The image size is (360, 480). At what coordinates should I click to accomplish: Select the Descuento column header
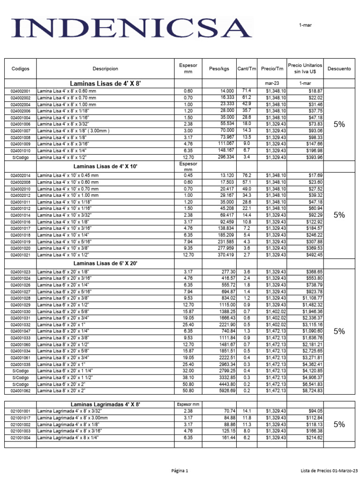click(x=339, y=68)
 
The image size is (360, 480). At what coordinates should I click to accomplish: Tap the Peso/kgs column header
click(x=218, y=68)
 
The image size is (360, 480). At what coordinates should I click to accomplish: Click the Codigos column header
click(x=20, y=68)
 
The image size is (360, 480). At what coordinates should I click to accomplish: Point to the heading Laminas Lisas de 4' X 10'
click(x=105, y=166)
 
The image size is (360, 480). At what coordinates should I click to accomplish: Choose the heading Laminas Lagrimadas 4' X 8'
click(x=105, y=404)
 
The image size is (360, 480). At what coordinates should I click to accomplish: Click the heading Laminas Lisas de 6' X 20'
click(x=105, y=263)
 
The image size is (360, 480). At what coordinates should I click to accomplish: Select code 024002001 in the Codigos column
click(x=20, y=91)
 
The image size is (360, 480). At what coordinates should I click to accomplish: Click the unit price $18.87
click(x=315, y=91)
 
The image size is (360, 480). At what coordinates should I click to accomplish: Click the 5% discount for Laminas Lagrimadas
click(x=339, y=424)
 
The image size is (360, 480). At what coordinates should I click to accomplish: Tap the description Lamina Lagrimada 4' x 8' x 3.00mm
click(x=71, y=418)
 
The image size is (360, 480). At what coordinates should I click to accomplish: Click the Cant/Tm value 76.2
click(x=247, y=175)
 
